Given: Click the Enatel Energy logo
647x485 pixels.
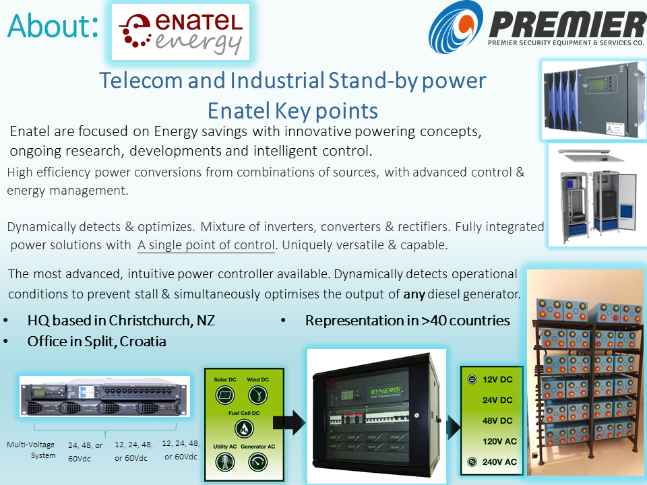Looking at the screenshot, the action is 181,32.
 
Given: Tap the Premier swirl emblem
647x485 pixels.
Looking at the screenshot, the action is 456,27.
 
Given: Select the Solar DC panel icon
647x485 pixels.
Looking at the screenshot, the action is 225,395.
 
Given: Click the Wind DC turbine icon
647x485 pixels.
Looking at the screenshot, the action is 258,395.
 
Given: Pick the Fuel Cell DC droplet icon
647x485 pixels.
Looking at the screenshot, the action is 244,428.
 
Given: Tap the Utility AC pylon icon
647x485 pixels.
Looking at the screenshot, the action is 225,462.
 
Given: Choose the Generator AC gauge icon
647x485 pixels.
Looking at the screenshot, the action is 258,462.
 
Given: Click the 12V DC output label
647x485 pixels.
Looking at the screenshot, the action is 497,379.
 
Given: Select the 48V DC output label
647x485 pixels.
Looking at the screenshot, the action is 497,420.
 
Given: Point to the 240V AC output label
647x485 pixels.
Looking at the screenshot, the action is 499,462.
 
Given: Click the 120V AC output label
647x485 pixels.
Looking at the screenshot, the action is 499,441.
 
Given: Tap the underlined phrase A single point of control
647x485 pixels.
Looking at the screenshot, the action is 206,245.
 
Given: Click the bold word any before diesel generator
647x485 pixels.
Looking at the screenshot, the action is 414,294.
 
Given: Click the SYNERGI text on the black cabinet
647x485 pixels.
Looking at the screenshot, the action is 386,391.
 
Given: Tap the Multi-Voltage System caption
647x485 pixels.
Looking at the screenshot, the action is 32,450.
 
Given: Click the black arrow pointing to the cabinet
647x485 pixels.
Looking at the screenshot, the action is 289,422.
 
